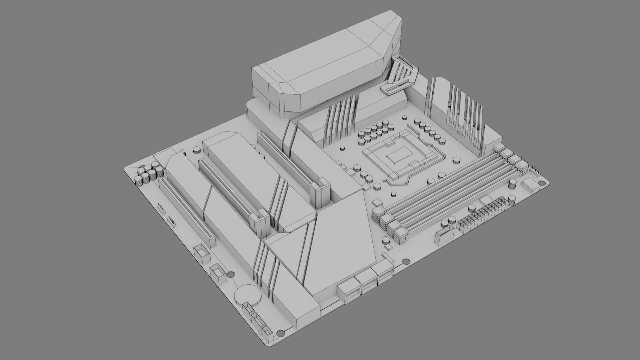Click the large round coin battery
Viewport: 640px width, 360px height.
tap(247, 295)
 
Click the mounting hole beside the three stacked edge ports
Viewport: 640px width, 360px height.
tap(406, 262)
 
